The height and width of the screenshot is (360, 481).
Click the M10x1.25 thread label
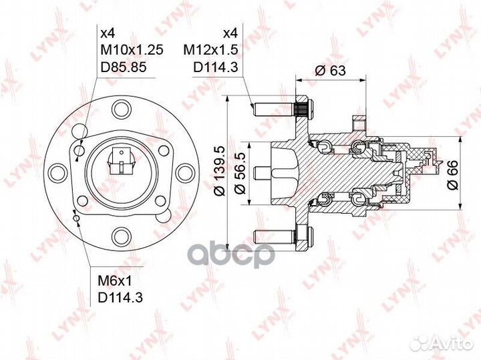click(132, 49)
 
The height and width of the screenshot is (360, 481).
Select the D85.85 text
click(124, 67)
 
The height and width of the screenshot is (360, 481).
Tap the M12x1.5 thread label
click(210, 49)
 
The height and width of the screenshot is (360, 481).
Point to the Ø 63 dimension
click(330, 71)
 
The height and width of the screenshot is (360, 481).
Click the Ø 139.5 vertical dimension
click(220, 171)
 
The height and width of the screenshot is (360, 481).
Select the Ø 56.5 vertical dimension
click(240, 174)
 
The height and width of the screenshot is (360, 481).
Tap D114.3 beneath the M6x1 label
click(120, 297)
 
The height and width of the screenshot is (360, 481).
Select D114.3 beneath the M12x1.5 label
click(216, 67)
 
